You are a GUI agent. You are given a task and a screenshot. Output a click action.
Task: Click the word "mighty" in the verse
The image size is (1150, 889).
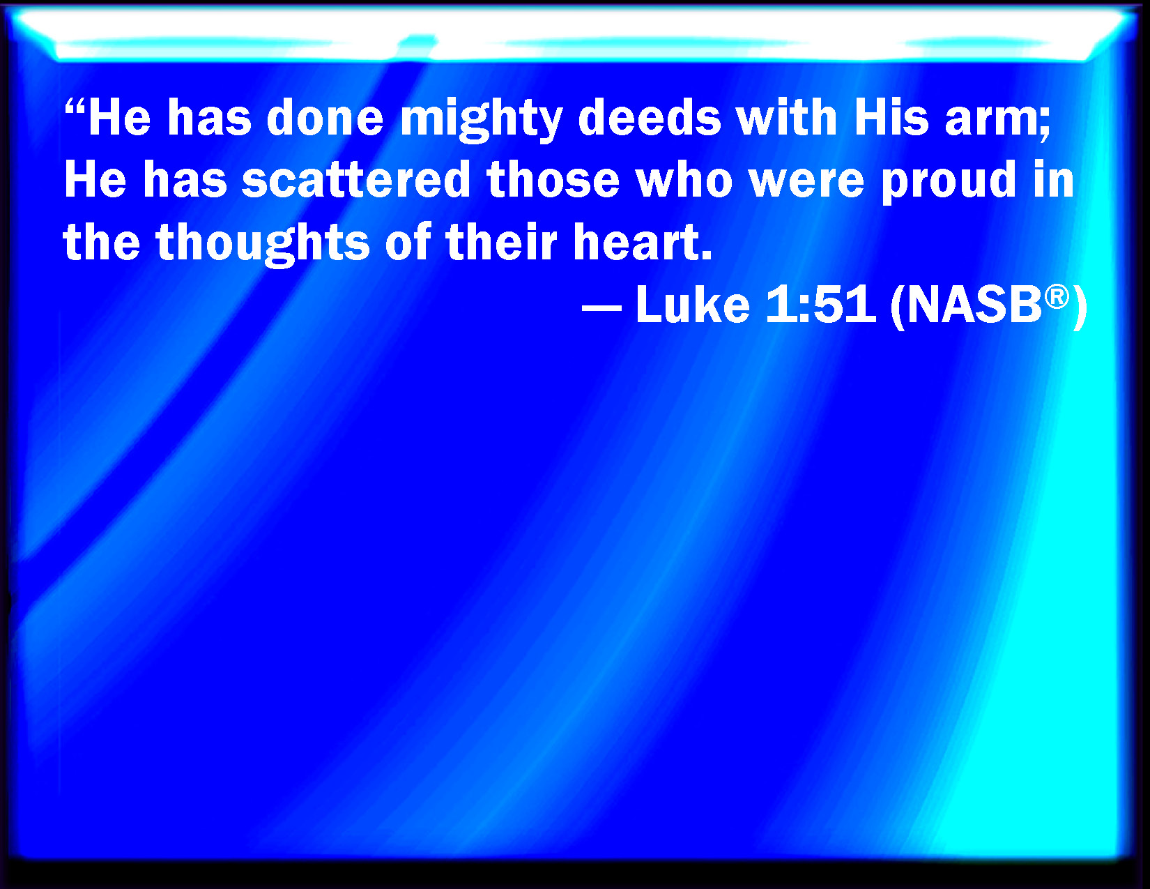coord(481,121)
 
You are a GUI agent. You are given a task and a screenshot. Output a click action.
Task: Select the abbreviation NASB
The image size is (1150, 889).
coord(974,305)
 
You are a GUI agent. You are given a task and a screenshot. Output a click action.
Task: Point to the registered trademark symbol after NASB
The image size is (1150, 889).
coord(1057,296)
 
